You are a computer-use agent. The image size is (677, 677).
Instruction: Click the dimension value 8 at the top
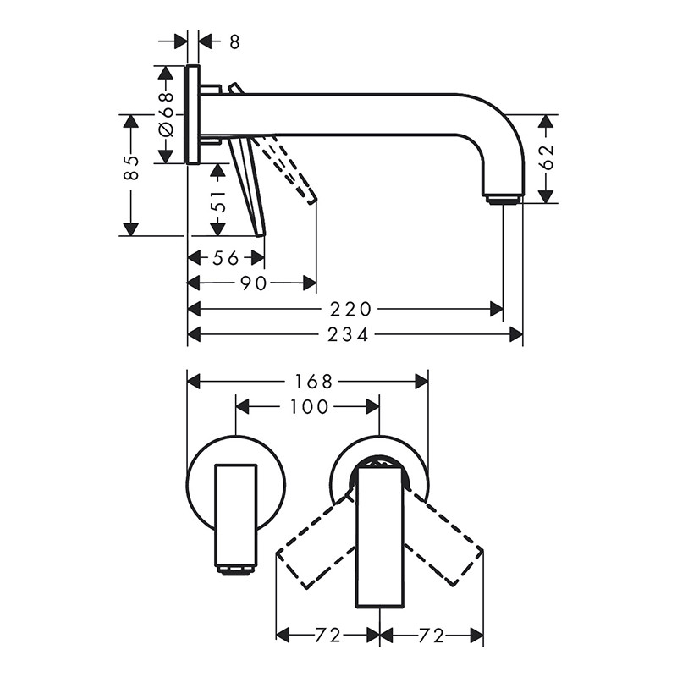[x=234, y=41]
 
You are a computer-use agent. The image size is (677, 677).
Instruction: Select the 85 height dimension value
[x=131, y=168]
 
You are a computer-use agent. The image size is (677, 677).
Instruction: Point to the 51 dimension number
[x=219, y=201]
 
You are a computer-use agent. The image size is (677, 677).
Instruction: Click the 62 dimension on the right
[x=546, y=157]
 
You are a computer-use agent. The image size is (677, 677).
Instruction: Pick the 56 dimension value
[x=226, y=258]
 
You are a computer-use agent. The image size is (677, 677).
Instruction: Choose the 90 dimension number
[x=253, y=283]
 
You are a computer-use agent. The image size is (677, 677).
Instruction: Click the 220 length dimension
[x=350, y=309]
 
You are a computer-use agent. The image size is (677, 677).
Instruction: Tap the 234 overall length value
[x=348, y=334]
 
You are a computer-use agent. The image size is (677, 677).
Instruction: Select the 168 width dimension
[x=314, y=382]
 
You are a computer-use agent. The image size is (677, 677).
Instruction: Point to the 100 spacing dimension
[x=309, y=406]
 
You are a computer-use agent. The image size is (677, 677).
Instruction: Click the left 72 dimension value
[x=327, y=636]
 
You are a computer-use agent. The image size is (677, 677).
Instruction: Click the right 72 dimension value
[x=432, y=636]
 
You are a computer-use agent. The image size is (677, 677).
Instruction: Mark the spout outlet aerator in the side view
[x=502, y=199]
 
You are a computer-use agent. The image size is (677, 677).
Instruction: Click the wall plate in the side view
[x=193, y=115]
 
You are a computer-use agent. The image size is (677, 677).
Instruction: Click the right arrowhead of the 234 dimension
[x=516, y=334]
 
